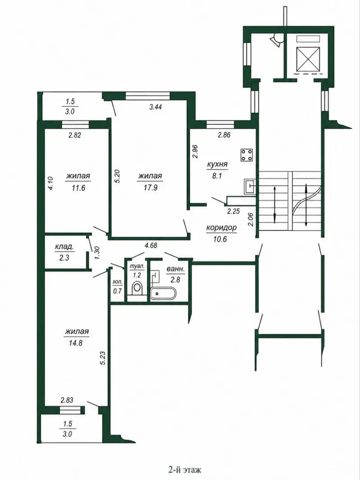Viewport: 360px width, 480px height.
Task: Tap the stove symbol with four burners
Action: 247,155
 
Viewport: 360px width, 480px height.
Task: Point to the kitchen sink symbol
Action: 250,186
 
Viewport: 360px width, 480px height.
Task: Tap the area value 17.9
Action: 150,188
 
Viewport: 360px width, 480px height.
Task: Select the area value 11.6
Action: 78,188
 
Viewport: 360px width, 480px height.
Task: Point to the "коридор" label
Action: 221,228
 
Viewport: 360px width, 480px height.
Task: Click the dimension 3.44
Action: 155,107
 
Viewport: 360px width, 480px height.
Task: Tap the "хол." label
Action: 117,282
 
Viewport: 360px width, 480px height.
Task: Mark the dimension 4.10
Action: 51,184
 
